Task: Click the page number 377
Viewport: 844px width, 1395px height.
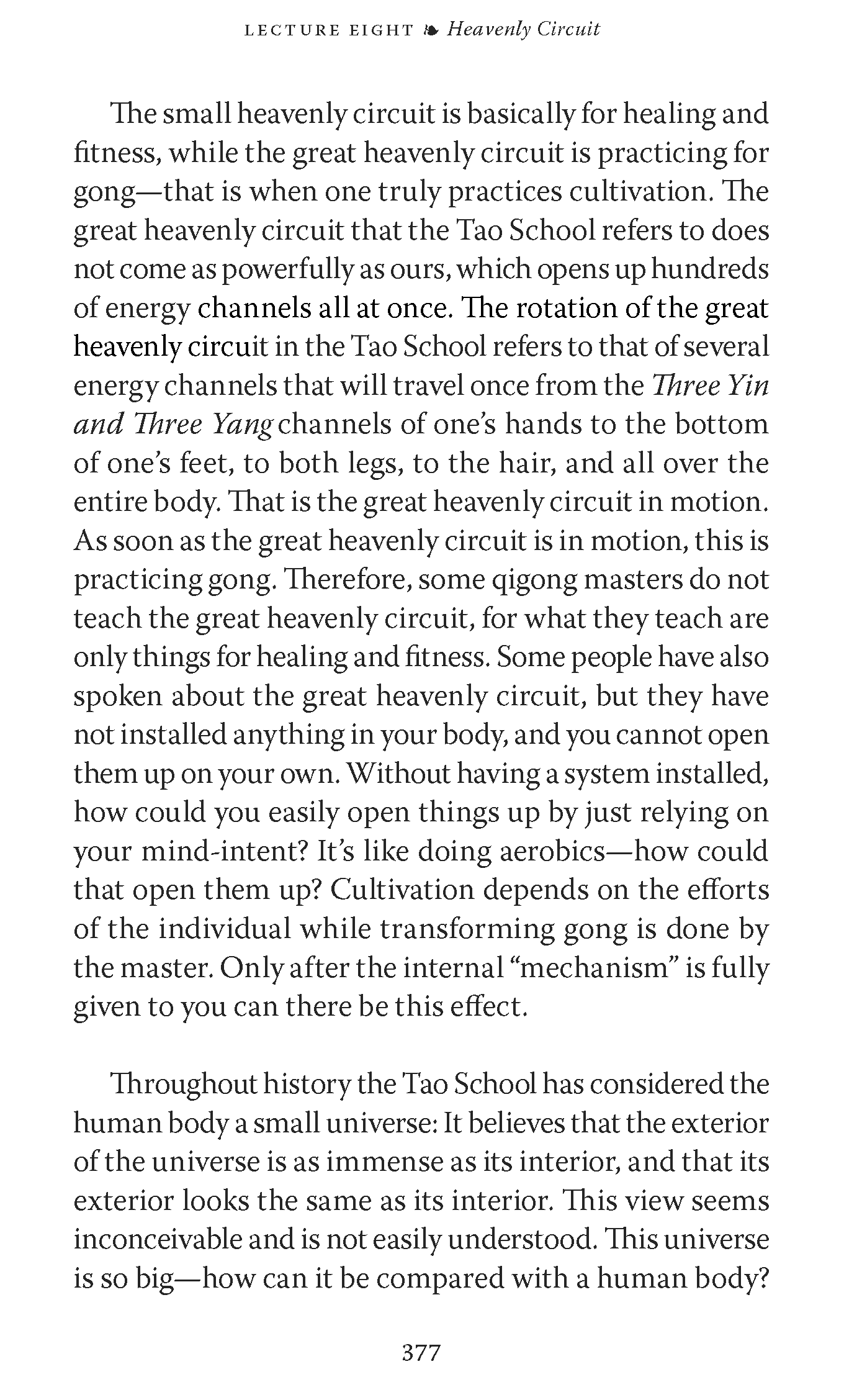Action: click(x=421, y=1352)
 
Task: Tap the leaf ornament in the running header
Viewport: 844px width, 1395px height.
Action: click(x=429, y=30)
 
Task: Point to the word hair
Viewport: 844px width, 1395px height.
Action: click(x=527, y=464)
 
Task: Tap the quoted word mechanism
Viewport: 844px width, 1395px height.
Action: click(x=593, y=968)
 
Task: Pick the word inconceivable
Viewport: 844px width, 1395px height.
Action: click(x=156, y=1240)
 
